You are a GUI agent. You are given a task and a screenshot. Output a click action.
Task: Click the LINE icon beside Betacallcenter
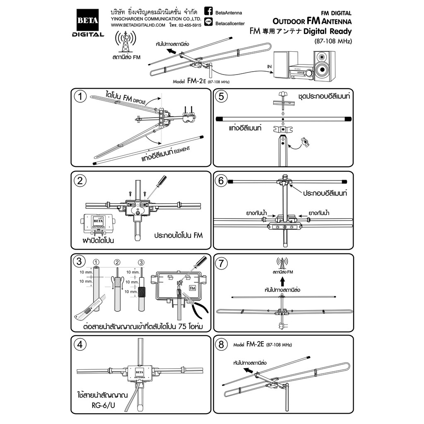tap(210, 24)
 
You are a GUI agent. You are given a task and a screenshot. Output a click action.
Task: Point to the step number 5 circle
tap(223, 97)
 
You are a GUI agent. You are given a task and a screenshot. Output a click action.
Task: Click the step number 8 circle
tap(223, 344)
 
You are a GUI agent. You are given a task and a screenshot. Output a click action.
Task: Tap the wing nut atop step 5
tap(283, 95)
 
